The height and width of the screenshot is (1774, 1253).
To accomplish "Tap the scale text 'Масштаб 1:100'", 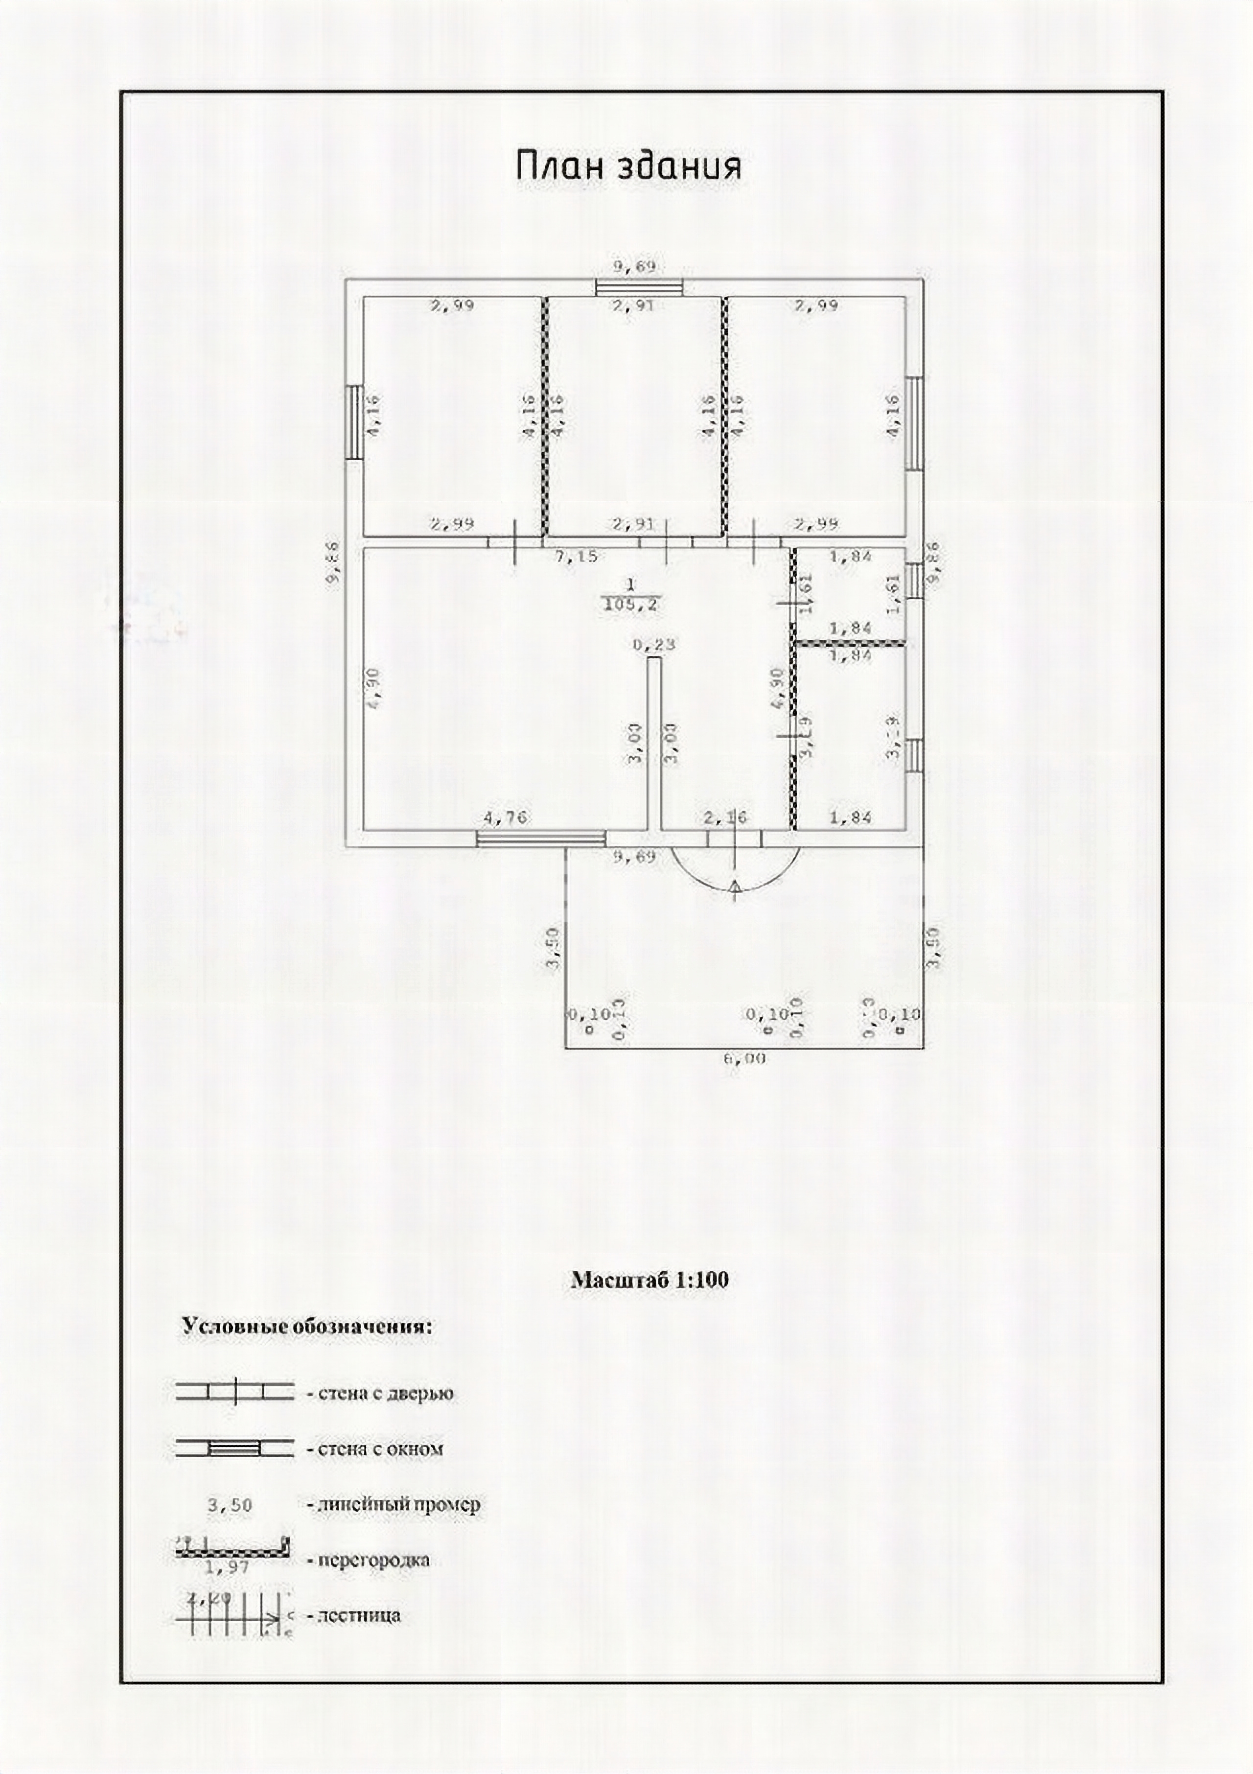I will pyautogui.click(x=649, y=1280).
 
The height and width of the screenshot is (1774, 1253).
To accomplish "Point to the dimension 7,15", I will pyautogui.click(x=577, y=556).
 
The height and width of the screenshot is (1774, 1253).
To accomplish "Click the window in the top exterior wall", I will pyautogui.click(x=639, y=287).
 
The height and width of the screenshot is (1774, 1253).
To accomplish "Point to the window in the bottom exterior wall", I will pyautogui.click(x=541, y=839).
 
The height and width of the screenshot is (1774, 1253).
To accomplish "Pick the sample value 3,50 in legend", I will pyautogui.click(x=230, y=1506).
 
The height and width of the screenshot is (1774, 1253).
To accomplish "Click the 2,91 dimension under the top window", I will pyautogui.click(x=633, y=306).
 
